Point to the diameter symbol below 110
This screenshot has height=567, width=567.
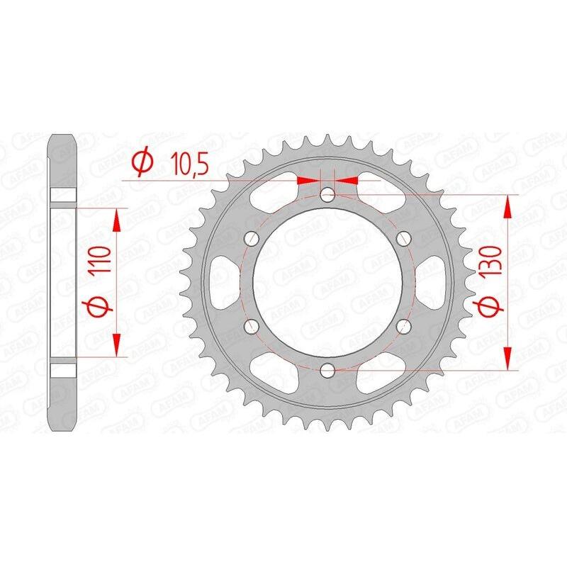tap(99, 309)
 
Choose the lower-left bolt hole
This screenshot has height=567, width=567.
tap(251, 325)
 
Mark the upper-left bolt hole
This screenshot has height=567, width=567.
tap(251, 238)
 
